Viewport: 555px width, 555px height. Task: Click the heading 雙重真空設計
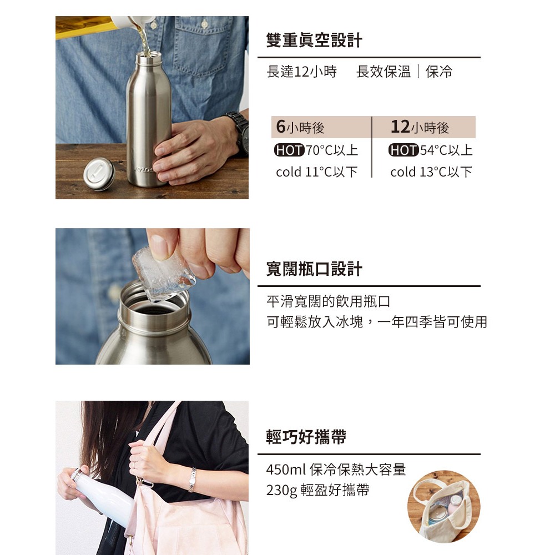point(314,40)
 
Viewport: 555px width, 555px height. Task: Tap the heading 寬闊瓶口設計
point(314,269)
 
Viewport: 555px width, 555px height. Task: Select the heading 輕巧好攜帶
point(306,437)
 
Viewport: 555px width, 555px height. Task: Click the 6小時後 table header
point(300,127)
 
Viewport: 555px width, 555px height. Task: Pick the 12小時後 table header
point(420,127)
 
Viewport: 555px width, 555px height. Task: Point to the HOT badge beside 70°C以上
point(289,150)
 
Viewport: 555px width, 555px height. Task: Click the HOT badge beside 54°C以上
point(403,150)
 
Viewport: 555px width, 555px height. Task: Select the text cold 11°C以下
point(317,172)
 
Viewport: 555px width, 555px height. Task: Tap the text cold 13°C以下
point(431,172)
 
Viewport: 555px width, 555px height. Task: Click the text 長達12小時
point(301,72)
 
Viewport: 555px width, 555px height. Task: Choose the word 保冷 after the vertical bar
point(439,72)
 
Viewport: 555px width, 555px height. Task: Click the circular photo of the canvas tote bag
point(444,507)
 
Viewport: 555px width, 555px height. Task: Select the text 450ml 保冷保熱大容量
point(336,470)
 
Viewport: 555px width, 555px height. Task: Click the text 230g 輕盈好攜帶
point(317,490)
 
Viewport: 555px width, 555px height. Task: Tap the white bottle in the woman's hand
point(101,494)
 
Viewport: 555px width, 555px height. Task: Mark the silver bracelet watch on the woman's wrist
point(192,480)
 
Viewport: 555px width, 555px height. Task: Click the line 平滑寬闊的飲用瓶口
point(328,301)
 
